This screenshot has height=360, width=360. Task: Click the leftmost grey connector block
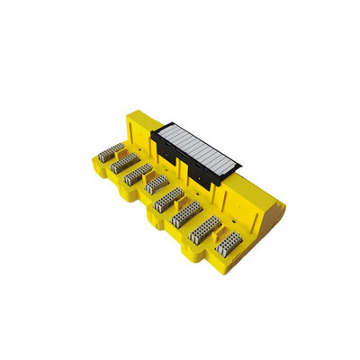(x=111, y=151)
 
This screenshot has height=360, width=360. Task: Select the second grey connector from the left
(x=125, y=162)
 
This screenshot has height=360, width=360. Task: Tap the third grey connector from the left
(x=139, y=174)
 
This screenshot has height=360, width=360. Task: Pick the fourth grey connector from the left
(x=157, y=185)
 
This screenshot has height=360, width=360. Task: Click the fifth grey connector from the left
(x=170, y=199)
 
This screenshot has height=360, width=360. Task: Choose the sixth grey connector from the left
(x=186, y=213)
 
